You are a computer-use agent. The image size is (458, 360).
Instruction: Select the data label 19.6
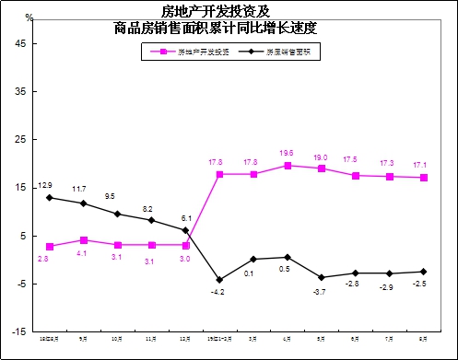pos(287,153)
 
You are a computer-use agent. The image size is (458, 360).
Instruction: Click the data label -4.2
pos(217,292)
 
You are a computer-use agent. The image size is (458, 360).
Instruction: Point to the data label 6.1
pos(185,218)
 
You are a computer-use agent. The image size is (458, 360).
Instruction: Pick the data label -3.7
pos(320,291)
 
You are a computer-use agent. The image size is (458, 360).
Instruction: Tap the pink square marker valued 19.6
pos(287,166)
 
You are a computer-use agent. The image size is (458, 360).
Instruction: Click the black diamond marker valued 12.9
pos(49,197)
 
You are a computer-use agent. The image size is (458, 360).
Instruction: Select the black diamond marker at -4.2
pos(218,279)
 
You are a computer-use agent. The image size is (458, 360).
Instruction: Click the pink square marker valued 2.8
pos(49,247)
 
